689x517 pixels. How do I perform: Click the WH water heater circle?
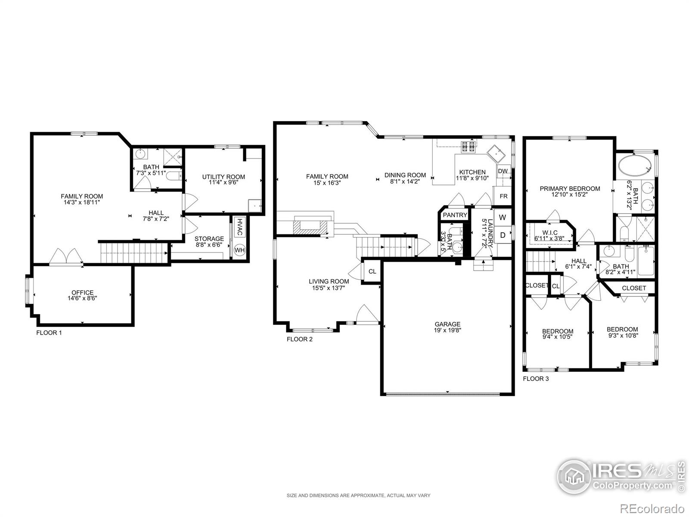tap(239, 250)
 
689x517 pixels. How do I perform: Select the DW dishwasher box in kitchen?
tap(503, 171)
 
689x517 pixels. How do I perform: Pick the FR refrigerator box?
tap(503, 196)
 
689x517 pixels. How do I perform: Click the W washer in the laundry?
tap(503, 217)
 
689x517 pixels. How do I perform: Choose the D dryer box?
tap(503, 235)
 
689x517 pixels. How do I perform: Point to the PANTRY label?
tap(455, 215)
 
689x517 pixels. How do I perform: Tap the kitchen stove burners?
tap(469, 146)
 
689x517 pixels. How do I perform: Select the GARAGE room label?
tap(447, 324)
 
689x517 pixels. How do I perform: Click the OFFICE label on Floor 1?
tap(83, 293)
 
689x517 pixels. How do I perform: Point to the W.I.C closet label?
tap(550, 233)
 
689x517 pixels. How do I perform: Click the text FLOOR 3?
tap(536, 379)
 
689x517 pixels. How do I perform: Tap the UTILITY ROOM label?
tap(223, 177)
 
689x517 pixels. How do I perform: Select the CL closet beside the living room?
tap(372, 271)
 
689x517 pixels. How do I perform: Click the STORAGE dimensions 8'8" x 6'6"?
tap(209, 245)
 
